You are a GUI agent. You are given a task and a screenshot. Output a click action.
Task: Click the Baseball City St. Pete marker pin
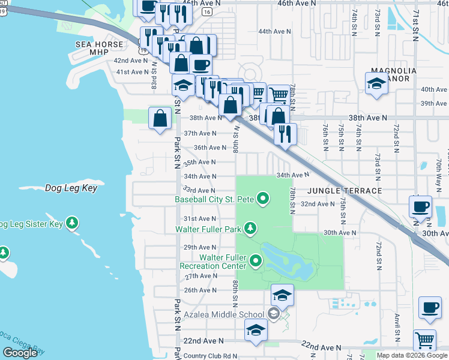(262, 198)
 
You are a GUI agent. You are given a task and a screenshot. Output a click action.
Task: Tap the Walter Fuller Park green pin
(250, 228)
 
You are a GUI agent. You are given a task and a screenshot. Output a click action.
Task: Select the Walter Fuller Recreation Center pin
(256, 260)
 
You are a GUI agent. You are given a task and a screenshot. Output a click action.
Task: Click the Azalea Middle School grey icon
(273, 314)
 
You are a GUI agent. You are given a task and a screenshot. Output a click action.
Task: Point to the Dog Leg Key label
(71, 188)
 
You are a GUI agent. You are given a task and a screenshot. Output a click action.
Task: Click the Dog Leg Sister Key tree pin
(72, 224)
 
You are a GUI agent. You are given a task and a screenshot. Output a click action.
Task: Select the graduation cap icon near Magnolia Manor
(376, 83)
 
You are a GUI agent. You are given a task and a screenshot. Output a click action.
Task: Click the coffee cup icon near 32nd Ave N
(420, 207)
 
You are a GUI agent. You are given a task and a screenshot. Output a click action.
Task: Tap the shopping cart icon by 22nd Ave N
(424, 340)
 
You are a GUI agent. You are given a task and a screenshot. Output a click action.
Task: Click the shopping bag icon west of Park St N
(160, 118)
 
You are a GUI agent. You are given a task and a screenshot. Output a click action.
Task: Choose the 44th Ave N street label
(274, 31)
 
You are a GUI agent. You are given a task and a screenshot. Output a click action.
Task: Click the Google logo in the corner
(20, 353)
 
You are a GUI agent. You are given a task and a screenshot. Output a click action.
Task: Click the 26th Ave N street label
(200, 290)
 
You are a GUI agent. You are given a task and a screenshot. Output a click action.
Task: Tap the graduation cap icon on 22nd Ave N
(256, 331)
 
